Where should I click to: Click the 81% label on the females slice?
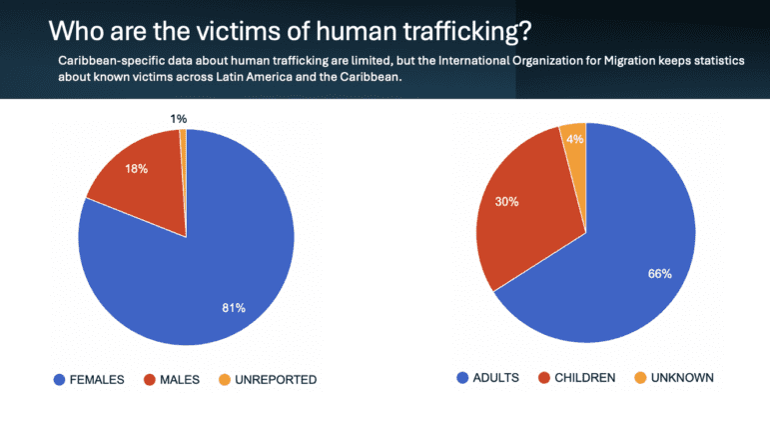[234, 307]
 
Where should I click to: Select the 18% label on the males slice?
[137, 169]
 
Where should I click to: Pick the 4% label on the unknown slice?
[573, 139]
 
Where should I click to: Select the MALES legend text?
[180, 379]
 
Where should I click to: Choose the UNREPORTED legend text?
[277, 379]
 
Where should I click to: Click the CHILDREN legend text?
[582, 378]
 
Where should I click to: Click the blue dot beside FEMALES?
[59, 379]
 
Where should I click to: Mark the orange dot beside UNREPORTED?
[225, 379]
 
